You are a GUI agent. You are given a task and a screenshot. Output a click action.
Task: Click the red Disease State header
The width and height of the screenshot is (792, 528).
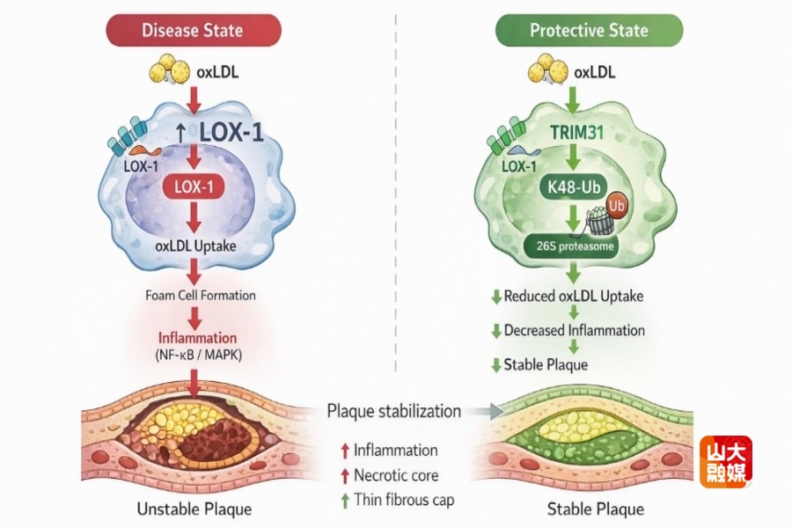coord(193,30)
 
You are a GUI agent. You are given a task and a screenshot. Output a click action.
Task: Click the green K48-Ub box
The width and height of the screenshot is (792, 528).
coord(571,187)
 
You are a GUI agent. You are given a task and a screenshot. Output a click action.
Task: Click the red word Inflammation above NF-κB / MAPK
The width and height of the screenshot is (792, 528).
coord(198,337)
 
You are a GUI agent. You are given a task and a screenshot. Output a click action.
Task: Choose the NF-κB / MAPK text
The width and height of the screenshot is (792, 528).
coord(198,355)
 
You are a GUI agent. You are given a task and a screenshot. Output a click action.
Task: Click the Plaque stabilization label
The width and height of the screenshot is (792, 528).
coord(393,411)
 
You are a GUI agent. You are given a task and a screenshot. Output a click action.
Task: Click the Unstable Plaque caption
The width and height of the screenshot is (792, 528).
coord(194,509)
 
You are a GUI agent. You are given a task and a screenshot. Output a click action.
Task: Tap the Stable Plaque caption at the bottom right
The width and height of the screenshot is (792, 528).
coord(596,509)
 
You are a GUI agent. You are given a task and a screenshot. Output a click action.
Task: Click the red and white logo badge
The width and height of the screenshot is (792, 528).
coord(726,462)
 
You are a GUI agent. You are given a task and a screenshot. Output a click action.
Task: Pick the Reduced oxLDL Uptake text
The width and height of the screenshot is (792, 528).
coord(573,296)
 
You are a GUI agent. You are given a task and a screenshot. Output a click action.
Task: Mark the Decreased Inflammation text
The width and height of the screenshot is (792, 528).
coord(574,330)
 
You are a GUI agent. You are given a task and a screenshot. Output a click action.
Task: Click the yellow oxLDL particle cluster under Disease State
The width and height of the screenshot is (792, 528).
coord(167,69)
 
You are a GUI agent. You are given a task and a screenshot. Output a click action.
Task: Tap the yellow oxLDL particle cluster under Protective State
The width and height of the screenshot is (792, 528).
coord(546,69)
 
